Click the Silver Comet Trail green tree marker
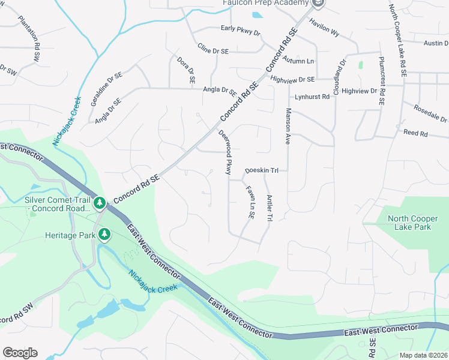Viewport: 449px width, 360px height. pyautogui.click(x=100, y=204)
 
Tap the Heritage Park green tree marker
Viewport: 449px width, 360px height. pyautogui.click(x=104, y=233)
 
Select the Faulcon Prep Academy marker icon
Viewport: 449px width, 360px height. pyautogui.click(x=319, y=4)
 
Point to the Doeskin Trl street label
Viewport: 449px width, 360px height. pyautogui.click(x=262, y=171)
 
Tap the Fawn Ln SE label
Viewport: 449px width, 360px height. pyautogui.click(x=249, y=202)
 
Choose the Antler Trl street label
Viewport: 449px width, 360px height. pyautogui.click(x=270, y=209)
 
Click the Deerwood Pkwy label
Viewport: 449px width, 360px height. pyautogui.click(x=225, y=152)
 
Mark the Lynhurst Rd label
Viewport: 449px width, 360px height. pyautogui.click(x=312, y=97)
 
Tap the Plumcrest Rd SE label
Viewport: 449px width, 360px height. pyautogui.click(x=381, y=82)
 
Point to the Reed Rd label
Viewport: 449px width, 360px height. pyautogui.click(x=415, y=133)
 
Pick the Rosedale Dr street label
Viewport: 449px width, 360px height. pyautogui.click(x=430, y=112)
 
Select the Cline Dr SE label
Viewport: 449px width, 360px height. pyautogui.click(x=213, y=50)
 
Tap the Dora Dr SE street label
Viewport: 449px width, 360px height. pyautogui.click(x=186, y=70)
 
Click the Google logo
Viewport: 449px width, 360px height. pyautogui.click(x=20, y=353)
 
